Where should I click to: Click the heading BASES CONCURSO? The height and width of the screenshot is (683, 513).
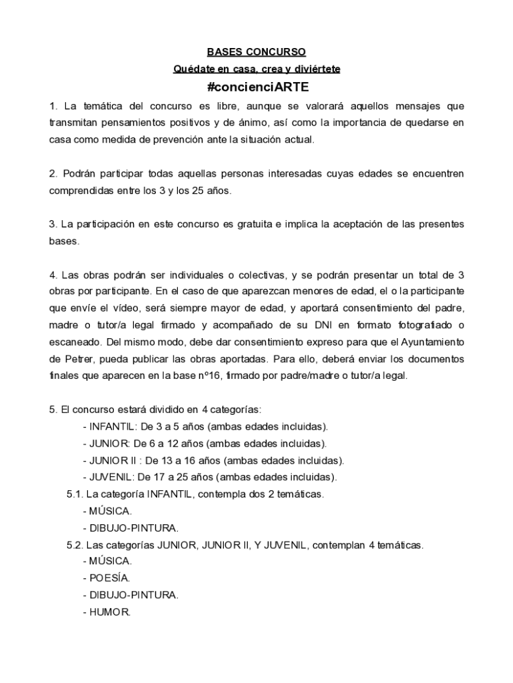click(256, 51)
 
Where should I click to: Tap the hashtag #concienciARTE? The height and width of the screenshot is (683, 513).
click(256, 87)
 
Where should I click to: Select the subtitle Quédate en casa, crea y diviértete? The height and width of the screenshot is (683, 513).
click(256, 69)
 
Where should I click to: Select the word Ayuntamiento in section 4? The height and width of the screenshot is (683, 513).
click(427, 341)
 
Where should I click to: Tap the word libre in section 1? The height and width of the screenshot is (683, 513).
click(233, 106)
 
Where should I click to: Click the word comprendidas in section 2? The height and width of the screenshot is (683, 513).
click(79, 190)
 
